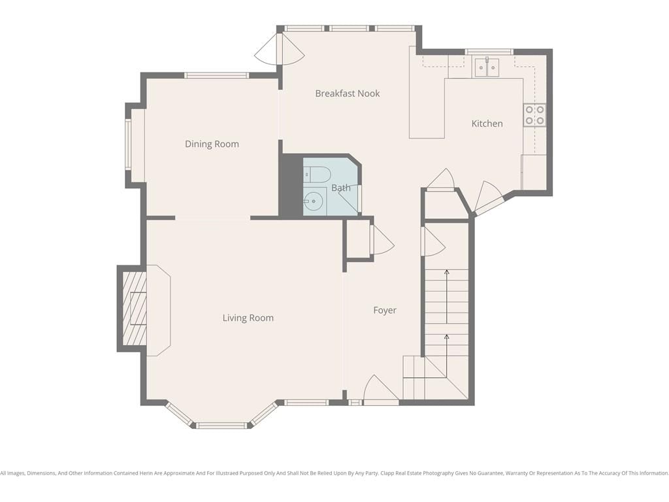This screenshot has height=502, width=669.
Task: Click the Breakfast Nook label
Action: pos(348,93)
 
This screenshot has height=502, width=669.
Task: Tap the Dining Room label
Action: pos(212,144)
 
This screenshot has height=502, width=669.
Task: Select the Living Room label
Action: pos(248,318)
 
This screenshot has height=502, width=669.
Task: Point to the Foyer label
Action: pos(385,310)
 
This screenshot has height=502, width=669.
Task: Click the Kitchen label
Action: pos(487,124)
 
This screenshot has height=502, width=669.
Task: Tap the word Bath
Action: pos(341,188)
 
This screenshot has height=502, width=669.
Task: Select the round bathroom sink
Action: pos(315,201)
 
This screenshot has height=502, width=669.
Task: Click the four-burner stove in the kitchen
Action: pos(534,115)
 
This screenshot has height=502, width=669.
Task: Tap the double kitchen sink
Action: pos(487,67)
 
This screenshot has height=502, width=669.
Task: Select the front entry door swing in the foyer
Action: pos(381,390)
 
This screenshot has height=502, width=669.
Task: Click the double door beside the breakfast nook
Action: pos(280,48)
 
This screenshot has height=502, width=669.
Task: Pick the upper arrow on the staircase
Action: pos(447,297)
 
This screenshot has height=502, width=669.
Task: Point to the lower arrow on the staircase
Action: pos(447,356)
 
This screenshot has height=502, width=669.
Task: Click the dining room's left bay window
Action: pos(127,144)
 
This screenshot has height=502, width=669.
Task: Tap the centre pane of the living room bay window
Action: pos(221,425)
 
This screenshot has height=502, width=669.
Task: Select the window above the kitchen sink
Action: pos(489,52)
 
